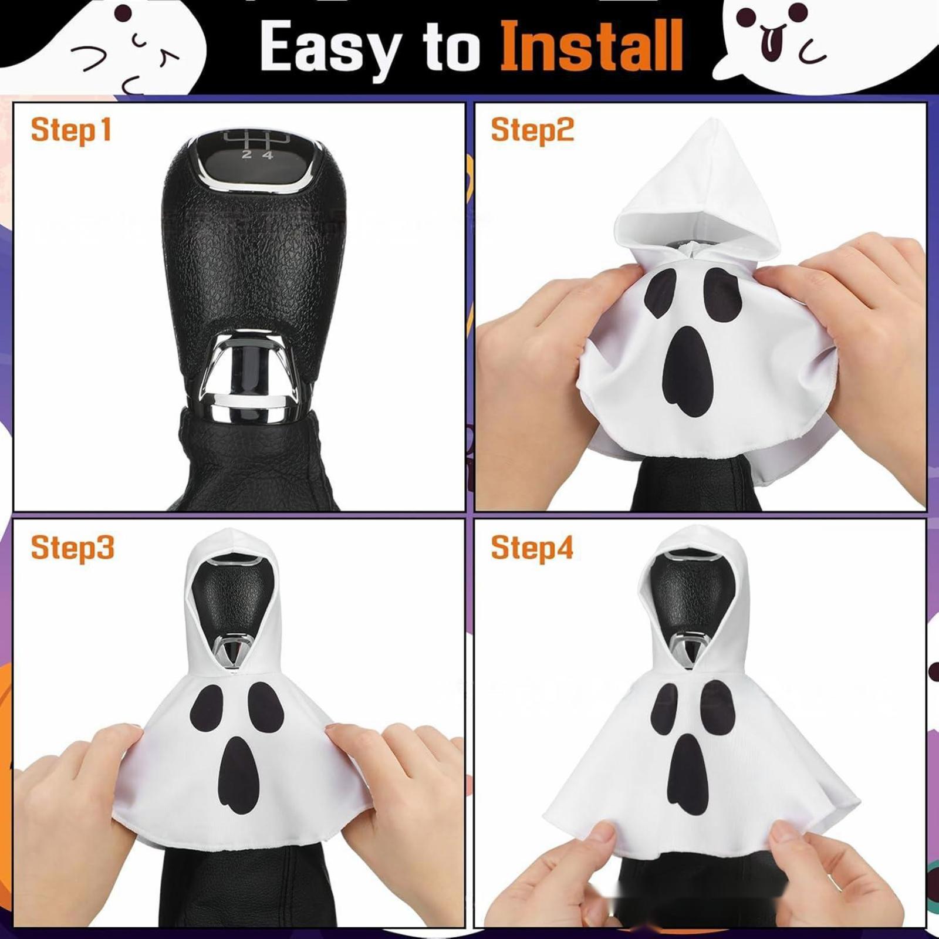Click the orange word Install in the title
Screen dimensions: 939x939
(x=592, y=46)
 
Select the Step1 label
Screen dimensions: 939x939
(x=71, y=130)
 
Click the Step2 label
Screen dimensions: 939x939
(x=532, y=130)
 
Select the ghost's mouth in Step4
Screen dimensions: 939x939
(x=690, y=774)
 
